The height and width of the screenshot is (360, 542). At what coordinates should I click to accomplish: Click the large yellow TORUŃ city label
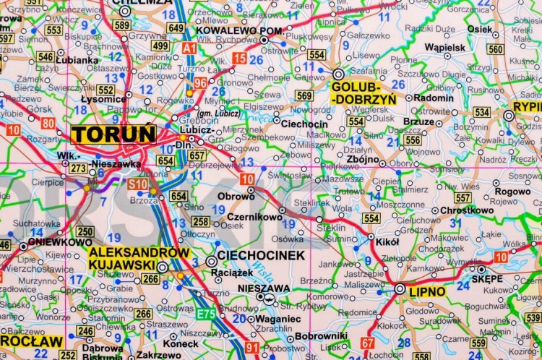click(x=113, y=134)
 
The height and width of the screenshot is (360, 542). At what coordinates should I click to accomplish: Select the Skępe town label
click(x=487, y=278)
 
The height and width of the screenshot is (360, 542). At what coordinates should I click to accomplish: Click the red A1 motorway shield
click(x=189, y=48)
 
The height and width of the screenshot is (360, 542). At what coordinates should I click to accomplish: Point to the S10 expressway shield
click(x=137, y=184)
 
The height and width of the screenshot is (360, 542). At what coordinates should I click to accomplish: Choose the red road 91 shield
click(x=251, y=348)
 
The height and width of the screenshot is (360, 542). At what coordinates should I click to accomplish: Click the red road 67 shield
click(x=368, y=343)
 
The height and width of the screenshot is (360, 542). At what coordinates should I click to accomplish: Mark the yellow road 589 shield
click(x=121, y=26)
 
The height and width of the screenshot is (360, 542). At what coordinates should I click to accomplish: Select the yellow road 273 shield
click(x=78, y=168)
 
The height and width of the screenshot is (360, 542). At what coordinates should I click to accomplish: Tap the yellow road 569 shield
click(x=304, y=95)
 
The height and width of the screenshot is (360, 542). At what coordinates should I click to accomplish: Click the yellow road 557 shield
click(x=463, y=198)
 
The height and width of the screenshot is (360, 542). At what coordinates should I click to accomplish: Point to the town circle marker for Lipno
click(x=400, y=289)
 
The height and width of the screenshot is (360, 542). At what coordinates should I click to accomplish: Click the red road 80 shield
click(x=48, y=123)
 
